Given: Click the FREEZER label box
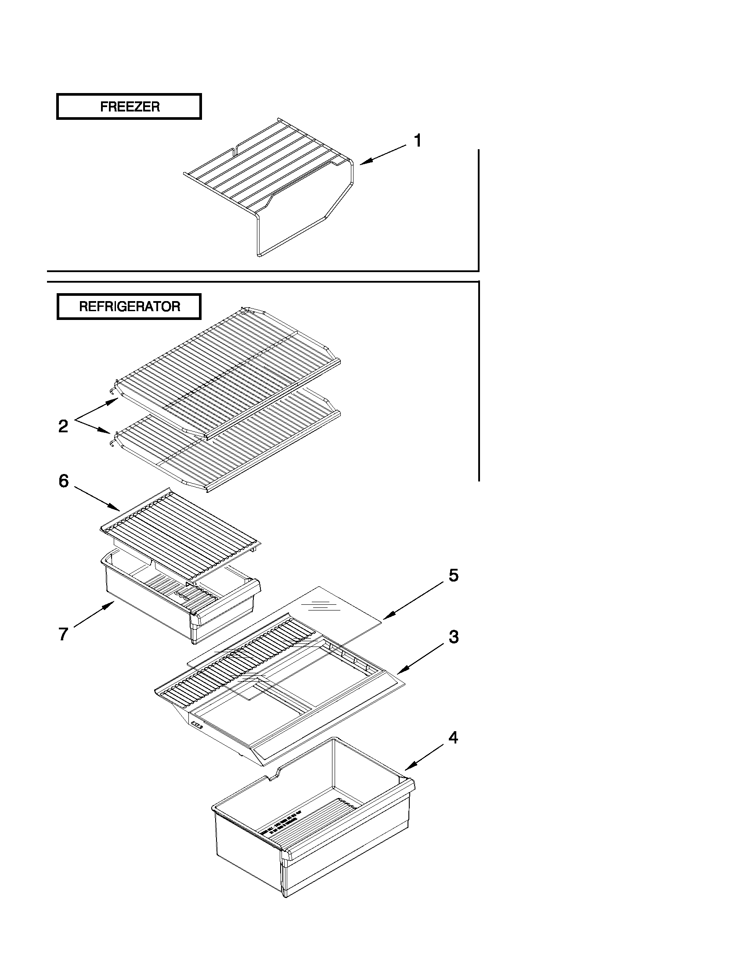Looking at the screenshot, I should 129,107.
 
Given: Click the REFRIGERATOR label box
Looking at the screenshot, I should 129,306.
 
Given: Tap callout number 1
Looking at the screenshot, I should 417,141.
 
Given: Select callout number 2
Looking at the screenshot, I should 63,427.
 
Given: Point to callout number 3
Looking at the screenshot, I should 454,637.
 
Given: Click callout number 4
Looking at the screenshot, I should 453,737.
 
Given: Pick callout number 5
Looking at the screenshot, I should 454,575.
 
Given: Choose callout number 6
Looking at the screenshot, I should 64,481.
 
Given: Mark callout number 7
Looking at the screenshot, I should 63,634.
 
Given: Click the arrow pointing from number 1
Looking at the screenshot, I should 383,155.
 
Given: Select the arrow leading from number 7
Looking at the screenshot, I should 94,615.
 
